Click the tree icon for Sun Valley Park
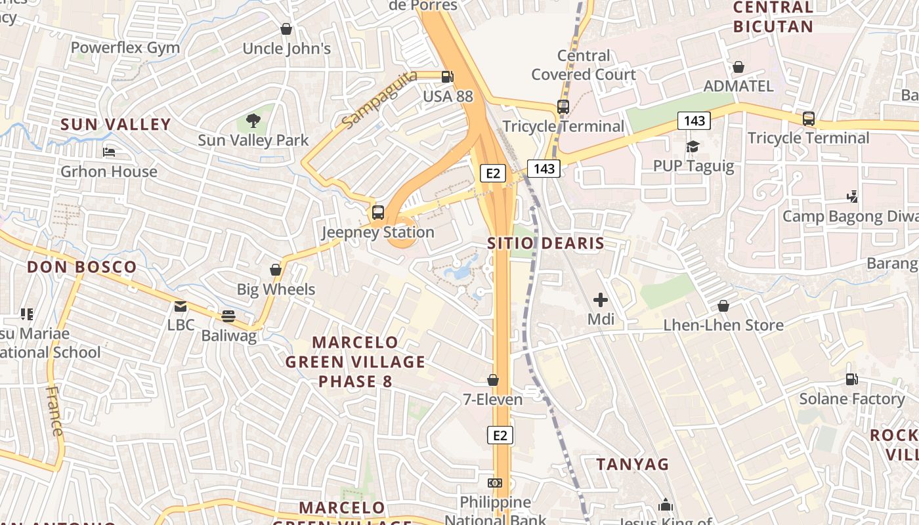coord(253,121)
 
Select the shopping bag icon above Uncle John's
coord(286,29)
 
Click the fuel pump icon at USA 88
coord(448,76)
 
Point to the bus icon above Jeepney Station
coord(377,213)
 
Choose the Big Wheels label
coord(276,289)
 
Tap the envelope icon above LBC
coord(180,306)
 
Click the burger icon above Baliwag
coord(228,316)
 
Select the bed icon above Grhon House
coord(109,152)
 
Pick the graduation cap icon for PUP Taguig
coord(693,146)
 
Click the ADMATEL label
coord(738,86)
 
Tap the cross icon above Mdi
coord(600,301)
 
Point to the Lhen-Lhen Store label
coord(723,325)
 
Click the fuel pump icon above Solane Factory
coord(851,379)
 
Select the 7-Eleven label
coord(493,399)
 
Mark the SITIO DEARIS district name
coord(545,243)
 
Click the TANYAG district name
coord(632,465)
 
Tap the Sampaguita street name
coord(379,98)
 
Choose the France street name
coord(55,411)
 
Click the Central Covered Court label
coord(583,65)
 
